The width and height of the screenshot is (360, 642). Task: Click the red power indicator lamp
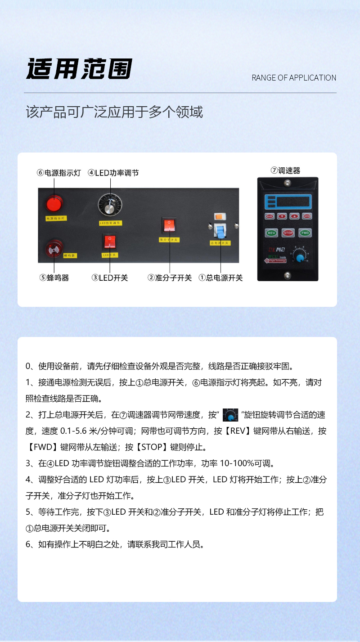click(54, 204)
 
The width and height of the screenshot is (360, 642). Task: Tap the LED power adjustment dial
click(109, 207)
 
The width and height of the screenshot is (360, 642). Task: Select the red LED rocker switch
click(109, 242)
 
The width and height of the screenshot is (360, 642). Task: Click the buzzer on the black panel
click(54, 248)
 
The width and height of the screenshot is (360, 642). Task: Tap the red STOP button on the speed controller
click(288, 233)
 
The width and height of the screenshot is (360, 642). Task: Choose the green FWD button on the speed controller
click(305, 233)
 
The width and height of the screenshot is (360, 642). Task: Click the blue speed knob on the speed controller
click(299, 258)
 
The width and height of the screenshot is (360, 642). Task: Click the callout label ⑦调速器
click(285, 171)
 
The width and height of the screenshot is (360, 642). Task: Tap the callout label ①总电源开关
click(220, 278)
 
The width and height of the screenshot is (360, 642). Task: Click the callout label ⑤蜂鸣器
click(54, 278)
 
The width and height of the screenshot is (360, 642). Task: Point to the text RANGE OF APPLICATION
click(294, 78)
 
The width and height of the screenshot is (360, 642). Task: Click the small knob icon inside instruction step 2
click(230, 415)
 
